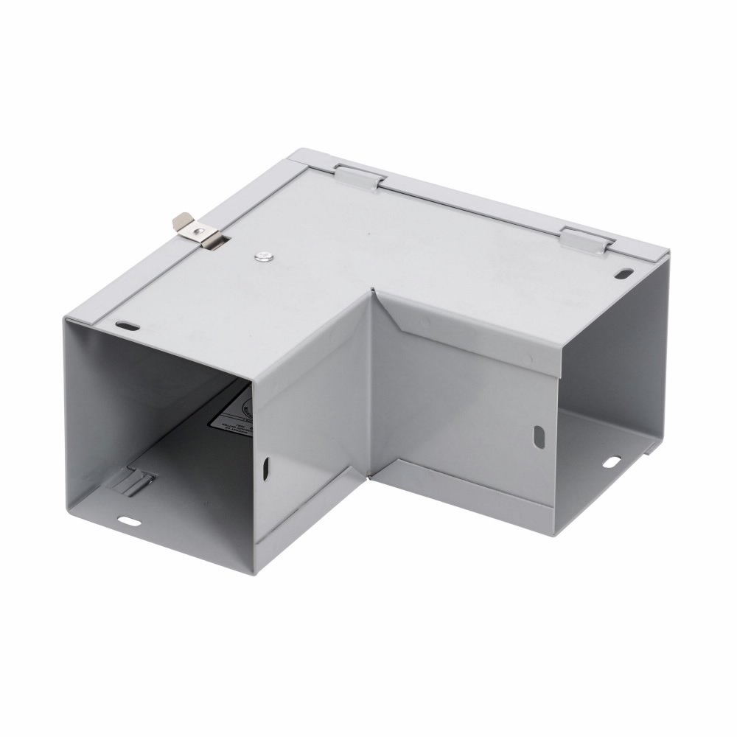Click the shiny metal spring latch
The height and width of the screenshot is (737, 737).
point(198,230)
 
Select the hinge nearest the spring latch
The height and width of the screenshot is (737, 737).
point(360,176)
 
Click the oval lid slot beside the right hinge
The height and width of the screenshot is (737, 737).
point(623,274)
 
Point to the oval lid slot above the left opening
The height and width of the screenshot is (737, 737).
point(128,324)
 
